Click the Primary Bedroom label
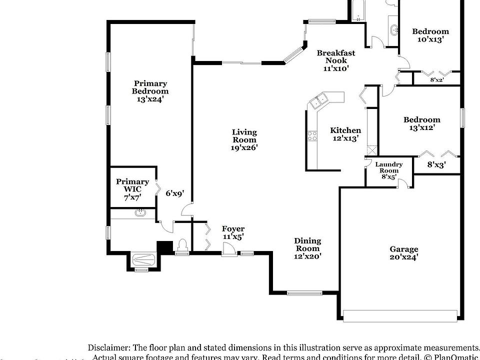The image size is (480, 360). [x=150, y=87]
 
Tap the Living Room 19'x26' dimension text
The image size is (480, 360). [x=244, y=147]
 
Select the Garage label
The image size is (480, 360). [x=404, y=249]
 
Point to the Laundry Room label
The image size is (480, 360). [x=389, y=167]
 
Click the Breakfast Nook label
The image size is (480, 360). [x=335, y=56]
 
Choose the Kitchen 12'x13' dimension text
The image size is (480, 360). [x=345, y=138]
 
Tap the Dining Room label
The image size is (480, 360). [x=307, y=244]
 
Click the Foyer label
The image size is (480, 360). [x=233, y=229]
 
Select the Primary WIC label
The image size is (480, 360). [x=132, y=185]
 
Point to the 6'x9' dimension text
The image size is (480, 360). [x=175, y=193]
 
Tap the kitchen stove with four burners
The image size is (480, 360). [x=313, y=136]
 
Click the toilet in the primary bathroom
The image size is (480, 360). [x=182, y=245]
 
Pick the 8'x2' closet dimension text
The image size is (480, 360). [x=437, y=79]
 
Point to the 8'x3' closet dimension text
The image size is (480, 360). [x=436, y=164]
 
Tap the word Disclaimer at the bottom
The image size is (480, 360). [x=108, y=347]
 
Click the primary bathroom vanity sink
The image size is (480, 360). [x=140, y=212]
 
